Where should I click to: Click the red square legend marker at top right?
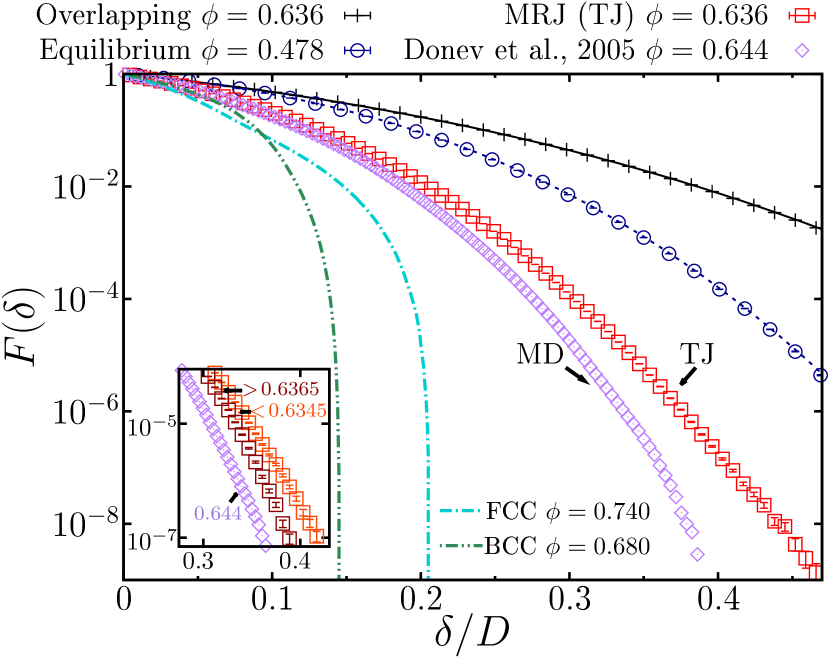pos(801,15)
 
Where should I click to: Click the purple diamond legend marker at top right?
pos(802,50)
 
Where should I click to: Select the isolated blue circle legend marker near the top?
pos(357,50)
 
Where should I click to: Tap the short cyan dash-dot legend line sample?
pos(459,511)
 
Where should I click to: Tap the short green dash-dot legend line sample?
pos(460,546)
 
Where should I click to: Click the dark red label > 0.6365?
pos(281,389)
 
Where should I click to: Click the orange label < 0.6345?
pos(289,411)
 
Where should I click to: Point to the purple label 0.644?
pos(218,513)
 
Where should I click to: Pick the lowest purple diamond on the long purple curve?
pos(697,554)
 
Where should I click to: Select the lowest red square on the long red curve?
pos(812,570)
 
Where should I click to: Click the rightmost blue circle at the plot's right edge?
pos(821,374)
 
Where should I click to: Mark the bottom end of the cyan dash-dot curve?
pos(428,576)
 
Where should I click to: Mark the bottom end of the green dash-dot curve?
pos(339,576)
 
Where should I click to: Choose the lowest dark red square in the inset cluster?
pos(289,538)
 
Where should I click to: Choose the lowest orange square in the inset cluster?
pos(316,536)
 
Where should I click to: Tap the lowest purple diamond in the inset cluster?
pos(265,547)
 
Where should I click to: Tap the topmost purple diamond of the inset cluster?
pos(181,368)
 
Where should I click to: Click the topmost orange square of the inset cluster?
pos(214,371)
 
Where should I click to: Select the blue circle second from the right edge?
pos(795,351)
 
